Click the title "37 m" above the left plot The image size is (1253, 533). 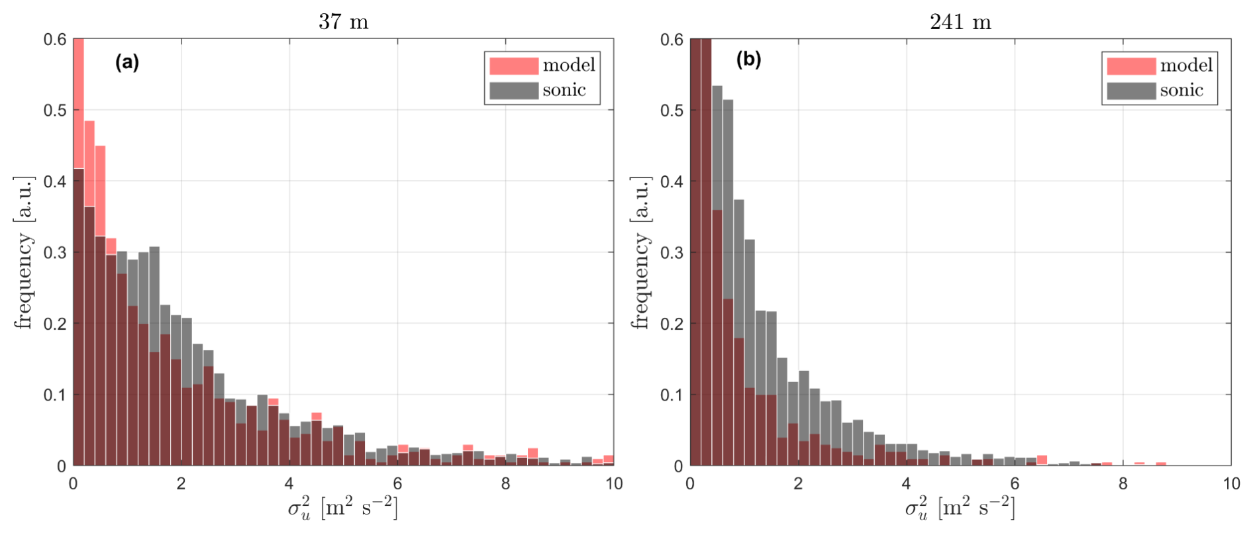pyautogui.click(x=343, y=22)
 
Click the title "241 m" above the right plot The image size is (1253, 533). pyautogui.click(x=960, y=22)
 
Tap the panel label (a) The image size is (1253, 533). pyautogui.click(x=127, y=62)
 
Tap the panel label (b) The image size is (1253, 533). pyautogui.click(x=749, y=60)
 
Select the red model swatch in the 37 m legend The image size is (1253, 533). pyautogui.click(x=513, y=66)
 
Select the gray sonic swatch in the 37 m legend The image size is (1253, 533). pyautogui.click(x=513, y=90)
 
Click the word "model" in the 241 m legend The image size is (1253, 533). pyautogui.click(x=1186, y=66)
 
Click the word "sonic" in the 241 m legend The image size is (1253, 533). pyautogui.click(x=1181, y=90)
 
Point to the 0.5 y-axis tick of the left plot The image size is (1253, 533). pyautogui.click(x=55, y=110)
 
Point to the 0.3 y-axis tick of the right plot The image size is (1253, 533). pyautogui.click(x=672, y=252)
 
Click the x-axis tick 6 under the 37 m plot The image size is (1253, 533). pyautogui.click(x=397, y=484)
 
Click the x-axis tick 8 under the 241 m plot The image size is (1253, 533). pyautogui.click(x=1123, y=484)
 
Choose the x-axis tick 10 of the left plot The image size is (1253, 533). pyautogui.click(x=613, y=484)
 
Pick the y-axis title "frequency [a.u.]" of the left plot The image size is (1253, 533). pyautogui.click(x=24, y=252)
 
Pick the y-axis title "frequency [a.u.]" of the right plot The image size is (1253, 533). pyautogui.click(x=640, y=252)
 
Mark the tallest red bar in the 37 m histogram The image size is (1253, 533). pyautogui.click(x=78, y=252)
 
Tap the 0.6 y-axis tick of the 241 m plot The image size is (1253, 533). pyautogui.click(x=672, y=40)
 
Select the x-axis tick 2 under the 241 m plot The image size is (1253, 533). pyautogui.click(x=798, y=484)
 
